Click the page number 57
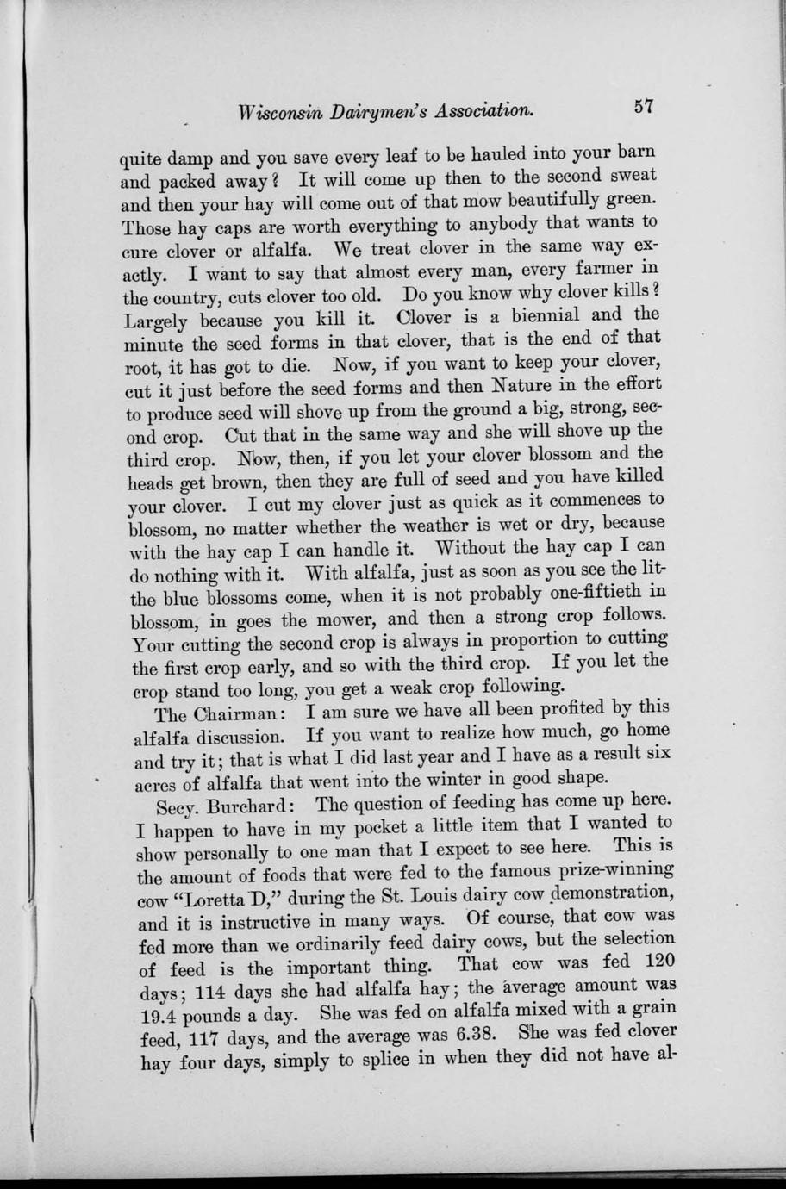point(644,107)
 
